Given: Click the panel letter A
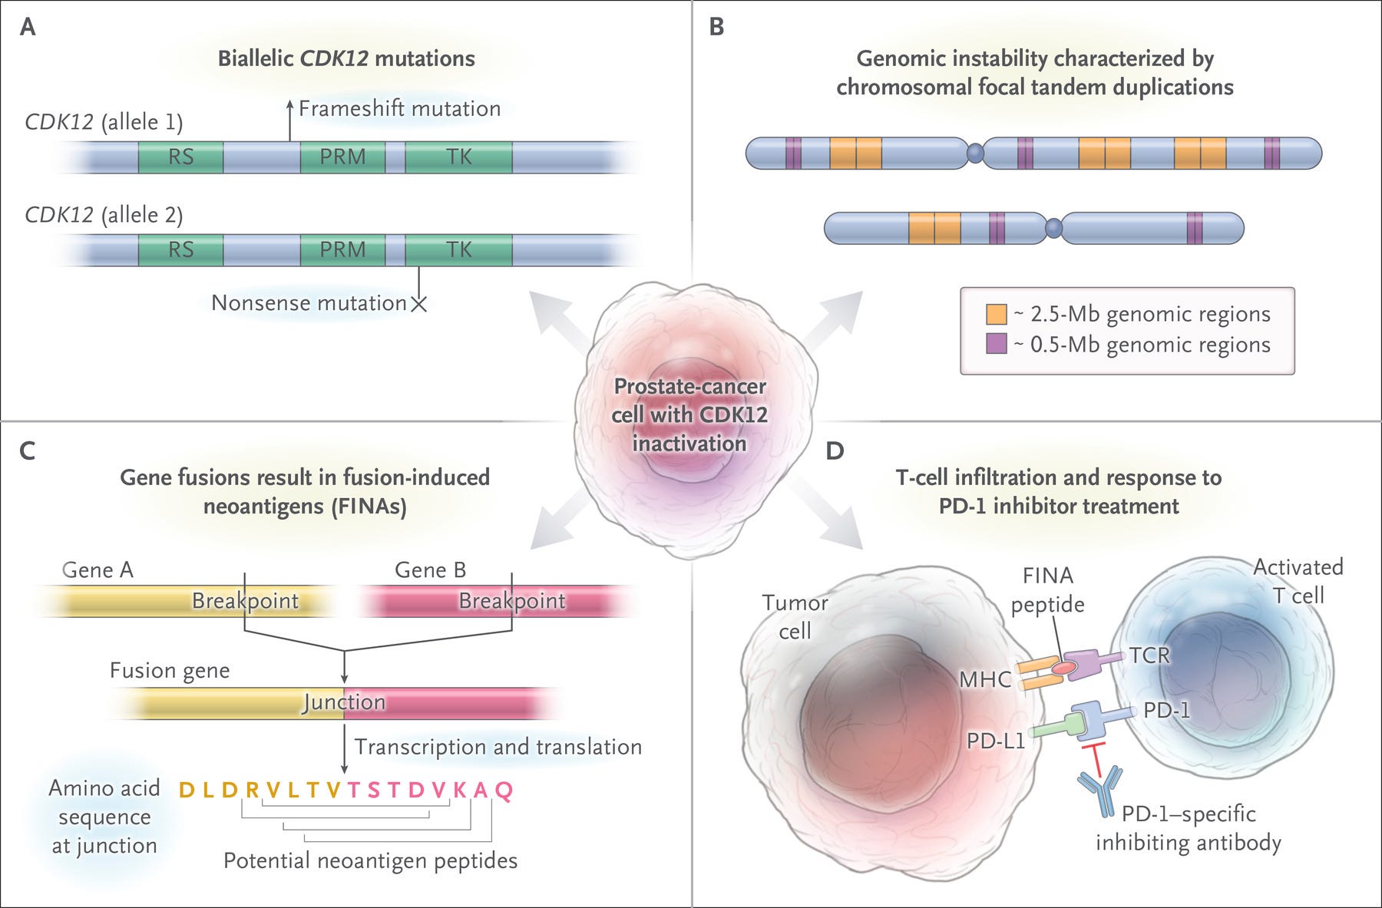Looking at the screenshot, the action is click(28, 28).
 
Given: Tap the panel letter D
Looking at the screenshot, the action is click(835, 451).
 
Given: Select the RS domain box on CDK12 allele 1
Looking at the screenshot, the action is click(181, 157).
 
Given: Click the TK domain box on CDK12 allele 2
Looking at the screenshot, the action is click(458, 249).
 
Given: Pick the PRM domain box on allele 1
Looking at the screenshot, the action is click(342, 157).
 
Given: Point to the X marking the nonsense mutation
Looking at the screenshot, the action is click(418, 304).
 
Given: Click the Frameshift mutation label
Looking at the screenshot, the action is click(399, 109).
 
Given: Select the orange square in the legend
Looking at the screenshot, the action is click(997, 314).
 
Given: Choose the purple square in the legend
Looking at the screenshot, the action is click(997, 344).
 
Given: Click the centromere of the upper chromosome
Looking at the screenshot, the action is click(974, 154).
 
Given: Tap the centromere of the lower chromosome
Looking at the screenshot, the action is click(1053, 227).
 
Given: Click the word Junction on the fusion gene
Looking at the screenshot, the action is click(344, 702).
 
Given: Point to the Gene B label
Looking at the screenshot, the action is click(430, 570).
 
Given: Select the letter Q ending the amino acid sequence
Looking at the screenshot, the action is click(504, 790).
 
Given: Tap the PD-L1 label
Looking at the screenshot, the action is click(996, 741).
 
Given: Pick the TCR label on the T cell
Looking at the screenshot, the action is click(1149, 655).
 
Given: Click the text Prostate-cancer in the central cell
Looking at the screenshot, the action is click(689, 386).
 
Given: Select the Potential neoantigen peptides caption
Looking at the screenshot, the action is click(370, 861).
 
